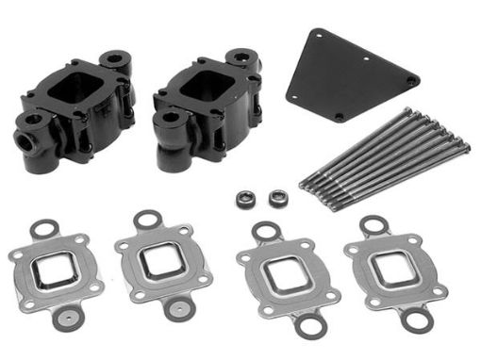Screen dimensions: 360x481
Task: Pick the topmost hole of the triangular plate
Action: pos(314,35)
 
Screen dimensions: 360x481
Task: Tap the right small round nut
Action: pos(278,198)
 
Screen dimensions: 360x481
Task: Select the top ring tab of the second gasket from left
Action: pos(145,220)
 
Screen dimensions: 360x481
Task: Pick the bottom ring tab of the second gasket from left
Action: pos(175,303)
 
